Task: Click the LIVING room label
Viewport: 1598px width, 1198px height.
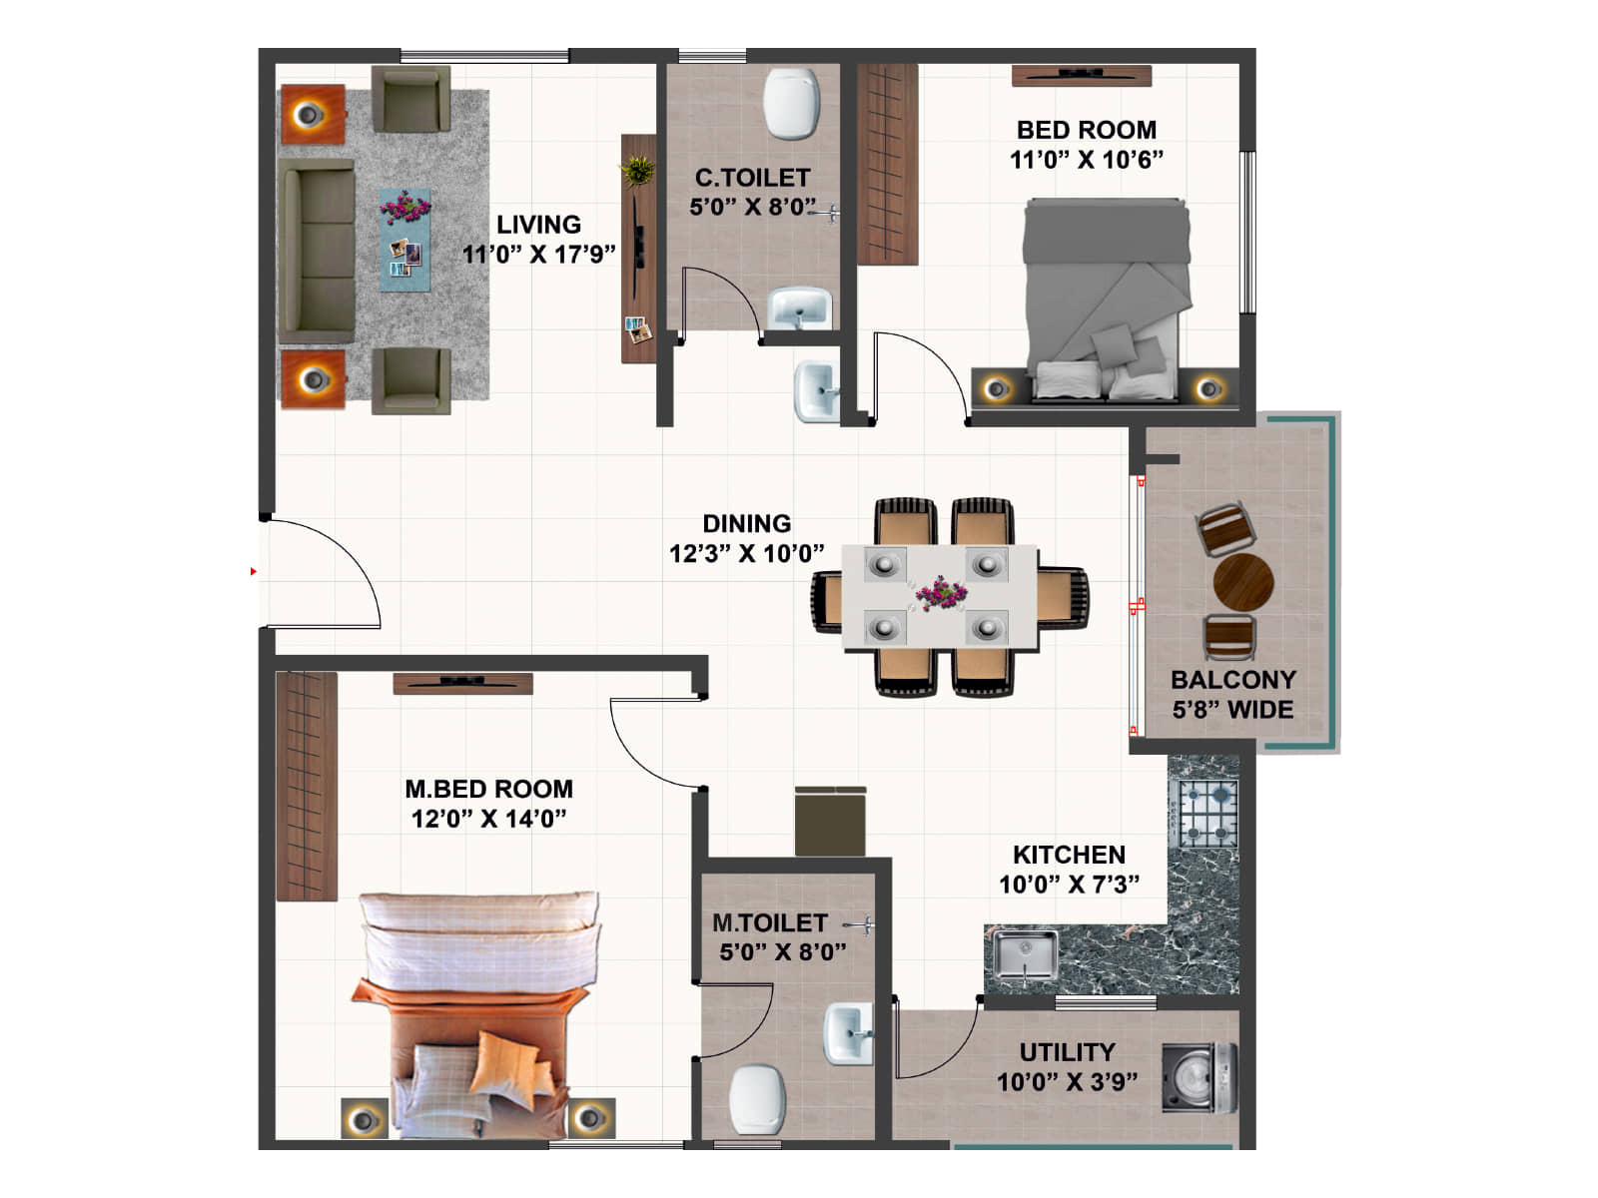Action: (x=538, y=225)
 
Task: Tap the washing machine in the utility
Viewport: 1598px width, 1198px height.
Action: (x=1198, y=1077)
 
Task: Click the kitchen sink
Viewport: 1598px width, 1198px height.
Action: (x=1024, y=956)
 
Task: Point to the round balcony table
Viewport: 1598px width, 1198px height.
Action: (x=1242, y=582)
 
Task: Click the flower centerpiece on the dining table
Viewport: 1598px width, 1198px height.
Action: (x=940, y=593)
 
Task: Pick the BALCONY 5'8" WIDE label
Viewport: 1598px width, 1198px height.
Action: (x=1232, y=694)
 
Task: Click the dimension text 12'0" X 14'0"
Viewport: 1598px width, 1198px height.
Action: (x=488, y=819)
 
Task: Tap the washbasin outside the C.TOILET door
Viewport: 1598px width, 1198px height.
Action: (x=816, y=392)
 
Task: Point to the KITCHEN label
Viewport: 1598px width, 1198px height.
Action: (x=1068, y=855)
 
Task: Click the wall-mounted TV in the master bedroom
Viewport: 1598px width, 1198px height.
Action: (x=462, y=683)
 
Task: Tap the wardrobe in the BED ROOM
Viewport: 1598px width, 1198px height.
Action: (x=887, y=164)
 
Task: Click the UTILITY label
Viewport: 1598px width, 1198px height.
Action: (x=1067, y=1052)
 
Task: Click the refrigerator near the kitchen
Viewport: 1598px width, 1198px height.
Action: (x=830, y=821)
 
